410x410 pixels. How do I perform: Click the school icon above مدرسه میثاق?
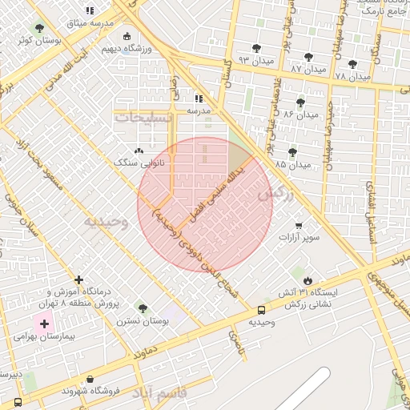(90, 10)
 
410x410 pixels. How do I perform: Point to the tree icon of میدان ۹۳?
(256, 48)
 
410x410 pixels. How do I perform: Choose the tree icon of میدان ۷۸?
(352, 64)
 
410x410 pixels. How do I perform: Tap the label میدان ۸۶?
(301, 116)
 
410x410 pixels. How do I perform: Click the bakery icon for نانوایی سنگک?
(139, 150)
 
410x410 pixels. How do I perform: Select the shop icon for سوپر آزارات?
(299, 226)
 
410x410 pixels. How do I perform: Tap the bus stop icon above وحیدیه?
(261, 310)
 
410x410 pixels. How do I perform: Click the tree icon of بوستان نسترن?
(143, 308)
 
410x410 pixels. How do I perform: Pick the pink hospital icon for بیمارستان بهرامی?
(43, 324)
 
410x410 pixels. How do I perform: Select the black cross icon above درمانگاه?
(78, 279)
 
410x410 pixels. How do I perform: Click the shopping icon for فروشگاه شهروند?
(89, 378)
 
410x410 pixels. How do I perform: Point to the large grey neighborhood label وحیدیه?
(107, 221)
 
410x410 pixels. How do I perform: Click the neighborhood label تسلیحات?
(145, 117)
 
